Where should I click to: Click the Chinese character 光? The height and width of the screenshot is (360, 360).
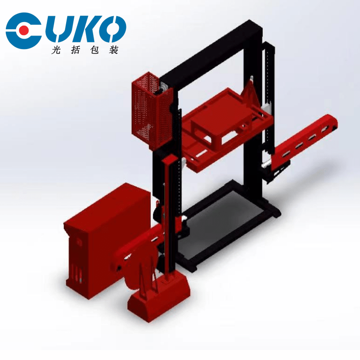point(56,50)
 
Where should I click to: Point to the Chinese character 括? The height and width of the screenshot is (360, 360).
point(75,50)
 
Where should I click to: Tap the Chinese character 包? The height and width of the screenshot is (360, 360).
point(94,50)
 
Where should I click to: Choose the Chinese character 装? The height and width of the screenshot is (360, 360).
point(114,50)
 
